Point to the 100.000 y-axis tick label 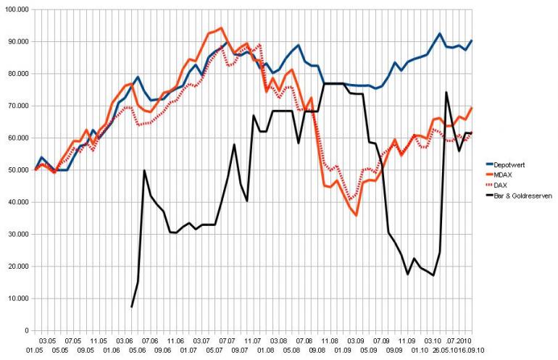(15, 9)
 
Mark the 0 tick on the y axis (25, 331)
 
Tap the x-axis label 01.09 (341, 349)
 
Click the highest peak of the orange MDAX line (220, 28)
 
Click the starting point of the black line (131, 307)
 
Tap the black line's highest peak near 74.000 (446, 92)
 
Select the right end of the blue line (472, 41)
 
